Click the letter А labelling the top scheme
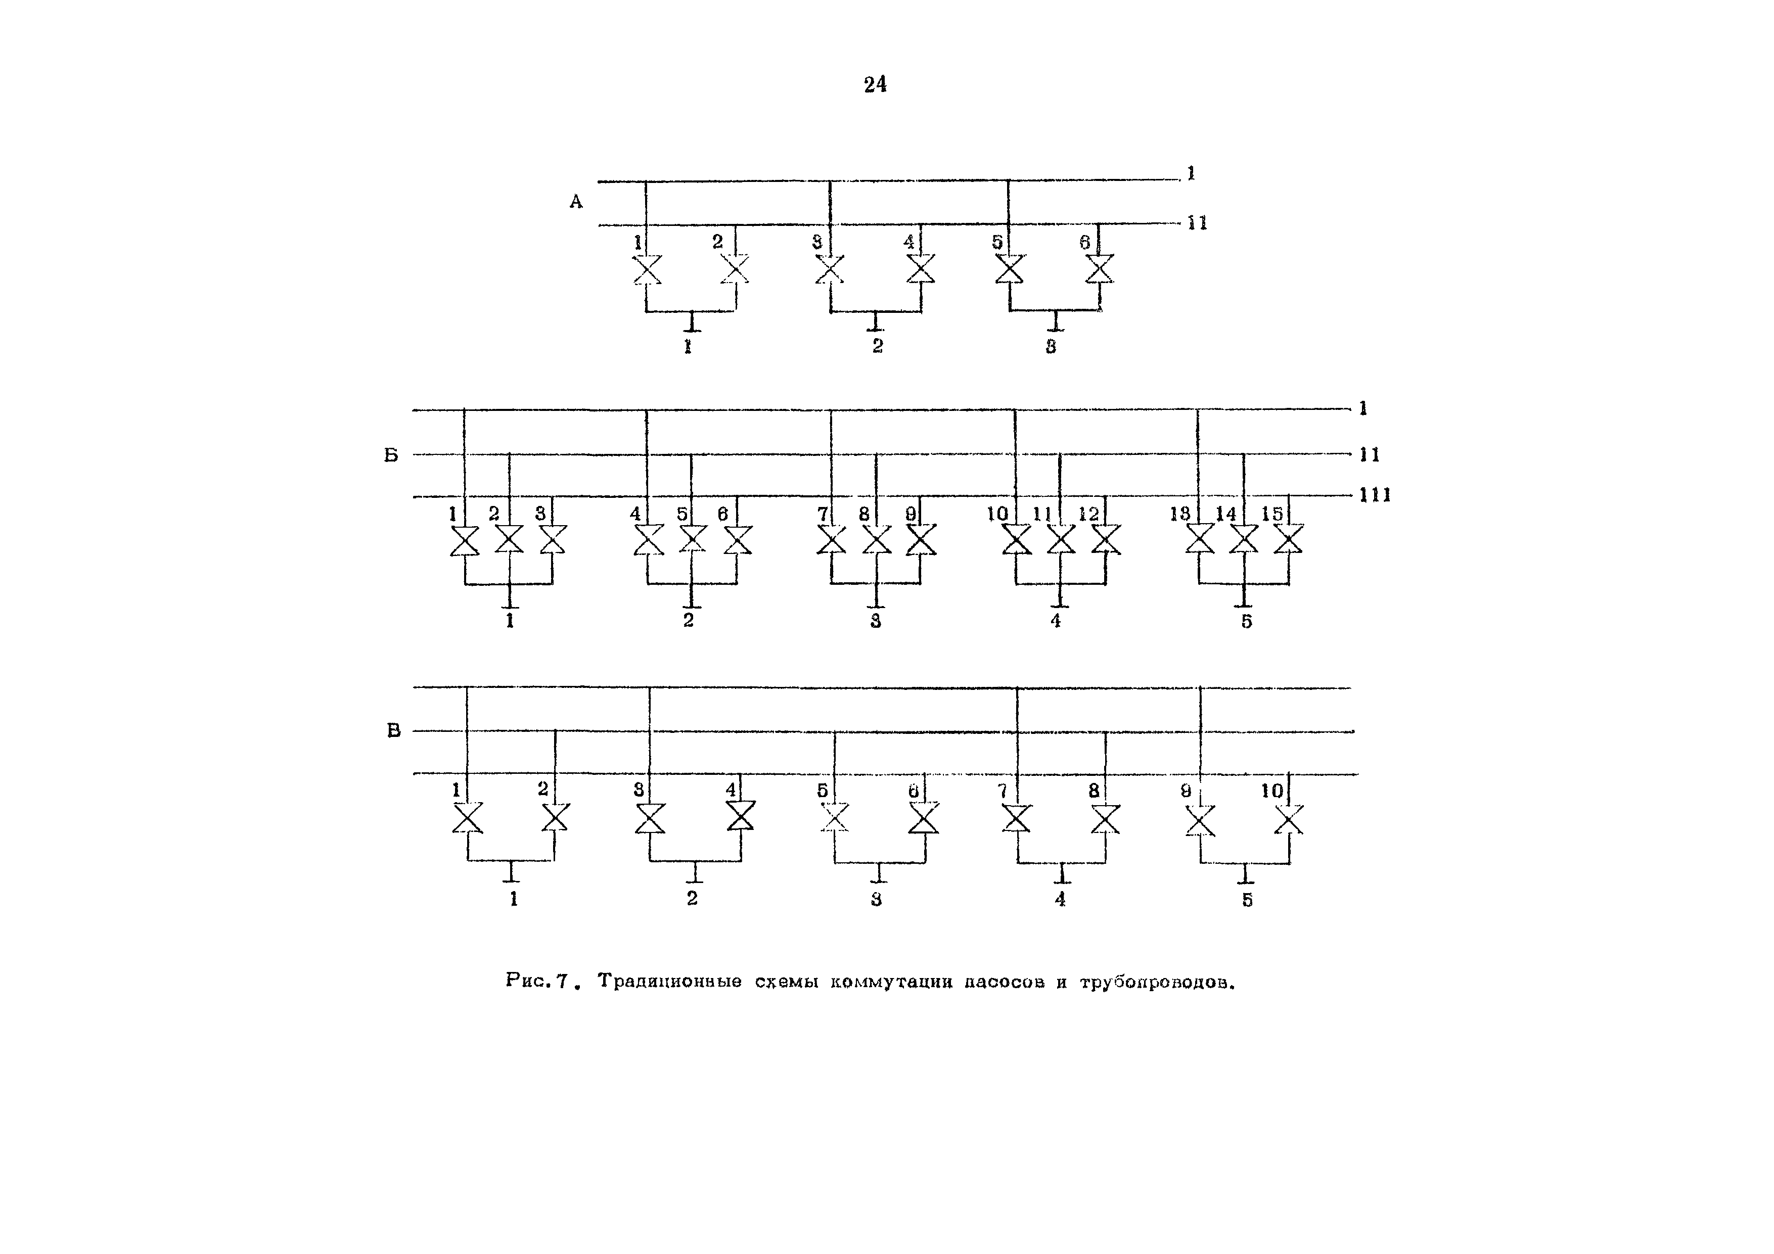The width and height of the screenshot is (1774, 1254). point(576,202)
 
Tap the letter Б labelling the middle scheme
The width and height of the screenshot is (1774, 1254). point(392,455)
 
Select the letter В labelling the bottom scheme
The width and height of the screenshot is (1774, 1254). point(394,730)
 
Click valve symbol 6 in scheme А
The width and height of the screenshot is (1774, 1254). point(1100,269)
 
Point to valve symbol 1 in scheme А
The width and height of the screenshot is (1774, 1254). point(647,269)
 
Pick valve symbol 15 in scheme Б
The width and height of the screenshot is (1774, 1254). point(1288,539)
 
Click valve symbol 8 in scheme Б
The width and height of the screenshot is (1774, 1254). point(876,539)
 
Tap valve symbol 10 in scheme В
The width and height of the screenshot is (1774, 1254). point(1289,819)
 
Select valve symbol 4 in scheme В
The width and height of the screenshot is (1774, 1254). point(741,816)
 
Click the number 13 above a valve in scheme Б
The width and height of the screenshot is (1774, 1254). point(1180,514)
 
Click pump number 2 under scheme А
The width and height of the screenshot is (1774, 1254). point(878,346)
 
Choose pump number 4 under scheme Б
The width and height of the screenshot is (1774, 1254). point(1056,621)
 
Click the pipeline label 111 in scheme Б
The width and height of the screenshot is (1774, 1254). point(1375,495)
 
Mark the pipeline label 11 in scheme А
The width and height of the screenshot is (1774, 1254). point(1197,223)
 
